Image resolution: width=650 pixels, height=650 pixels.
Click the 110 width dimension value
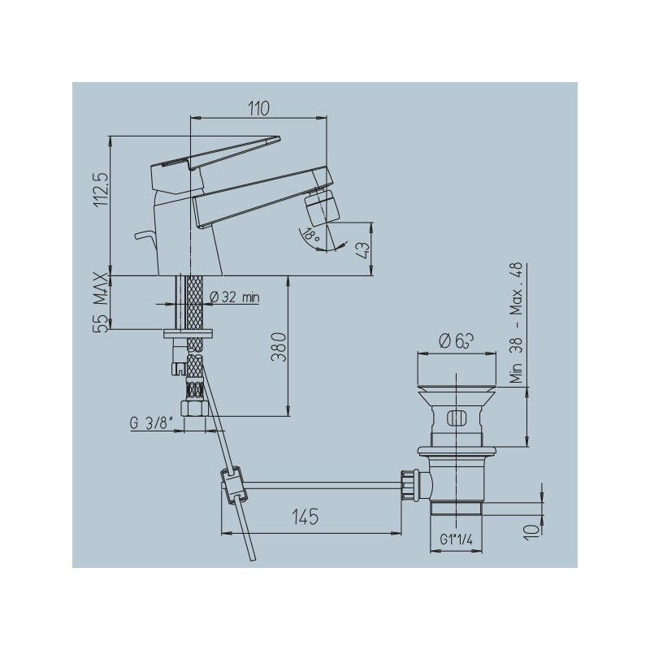point(258,108)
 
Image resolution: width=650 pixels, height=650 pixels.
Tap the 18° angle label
point(311,236)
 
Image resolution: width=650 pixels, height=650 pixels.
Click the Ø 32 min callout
point(235,297)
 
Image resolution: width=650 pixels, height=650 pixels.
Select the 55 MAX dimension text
point(101,301)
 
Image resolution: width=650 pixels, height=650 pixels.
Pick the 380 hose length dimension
point(279,347)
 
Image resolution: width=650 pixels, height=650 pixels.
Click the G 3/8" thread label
point(151,423)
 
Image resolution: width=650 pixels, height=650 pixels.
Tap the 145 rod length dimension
point(305,517)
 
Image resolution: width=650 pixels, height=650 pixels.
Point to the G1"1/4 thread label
point(456,539)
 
